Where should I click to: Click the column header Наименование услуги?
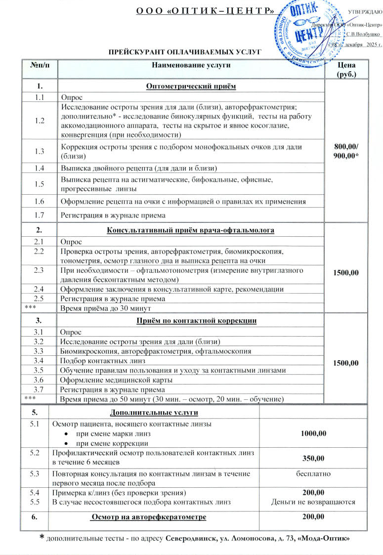(x=190, y=65)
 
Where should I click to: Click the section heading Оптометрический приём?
(x=190, y=87)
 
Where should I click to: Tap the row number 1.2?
(x=39, y=122)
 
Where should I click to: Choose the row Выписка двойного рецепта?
(x=139, y=169)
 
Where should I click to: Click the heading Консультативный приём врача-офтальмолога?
(x=190, y=230)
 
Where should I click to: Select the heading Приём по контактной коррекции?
(x=190, y=321)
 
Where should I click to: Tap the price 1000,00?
(x=313, y=434)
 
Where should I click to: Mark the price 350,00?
(x=313, y=458)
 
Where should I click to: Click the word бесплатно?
(x=313, y=473)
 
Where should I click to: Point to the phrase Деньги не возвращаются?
(x=313, y=502)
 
